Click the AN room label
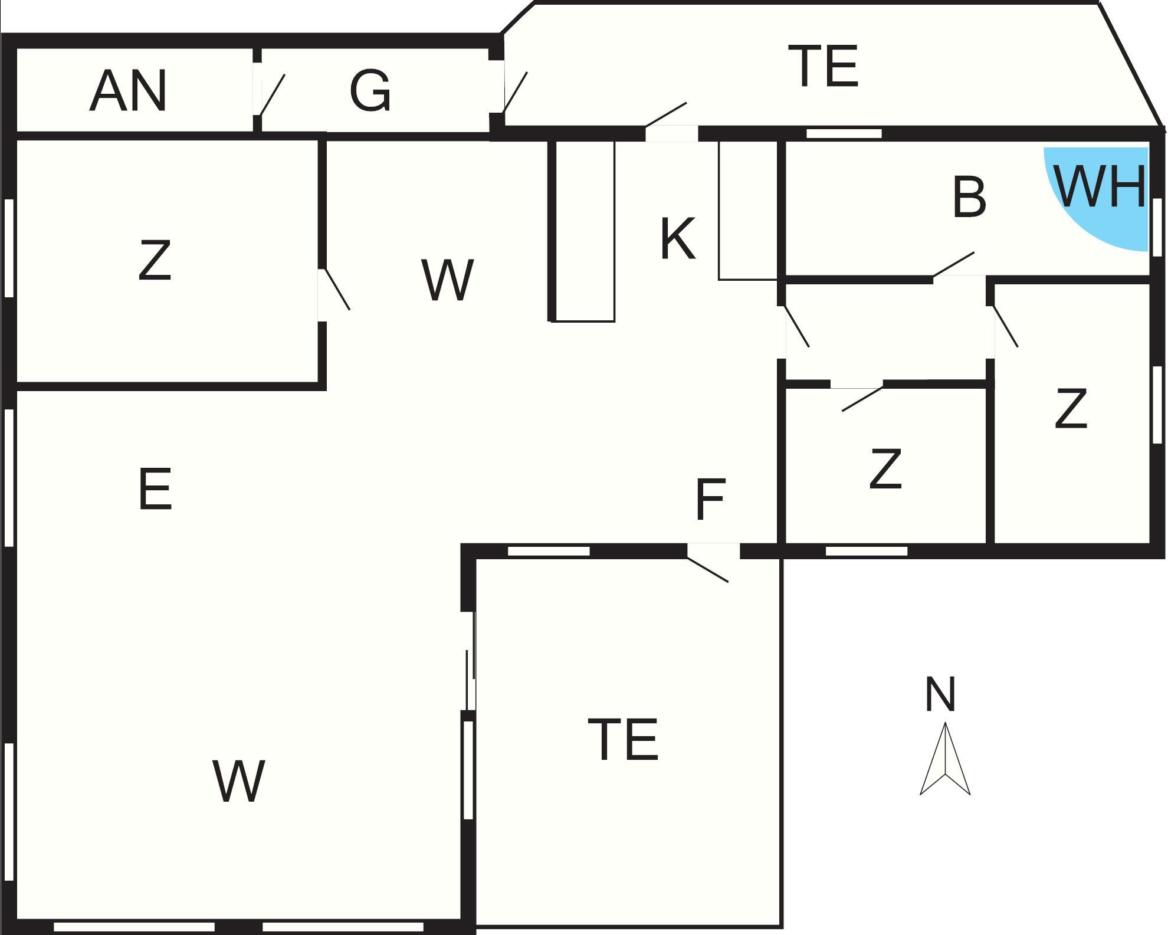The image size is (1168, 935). pyautogui.click(x=128, y=91)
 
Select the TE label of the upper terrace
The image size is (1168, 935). pyautogui.click(x=823, y=66)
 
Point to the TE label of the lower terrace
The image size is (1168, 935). pyautogui.click(x=623, y=739)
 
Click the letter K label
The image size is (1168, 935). pyautogui.click(x=678, y=238)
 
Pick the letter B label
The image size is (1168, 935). pyautogui.click(x=969, y=197)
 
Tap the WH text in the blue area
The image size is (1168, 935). pyautogui.click(x=1100, y=186)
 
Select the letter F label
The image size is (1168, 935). pyautogui.click(x=710, y=500)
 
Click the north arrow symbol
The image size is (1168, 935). pyautogui.click(x=945, y=759)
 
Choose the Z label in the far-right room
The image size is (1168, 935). pyautogui.click(x=1071, y=408)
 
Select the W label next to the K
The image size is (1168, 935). pyautogui.click(x=448, y=280)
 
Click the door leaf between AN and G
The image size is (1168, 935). pyautogui.click(x=272, y=94)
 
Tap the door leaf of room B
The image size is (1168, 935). pyautogui.click(x=953, y=264)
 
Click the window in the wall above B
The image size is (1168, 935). pyautogui.click(x=844, y=134)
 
